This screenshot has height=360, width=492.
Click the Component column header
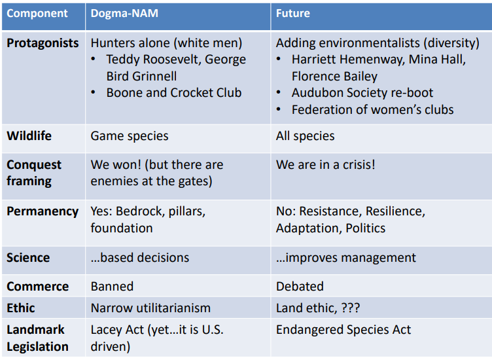tap(37, 14)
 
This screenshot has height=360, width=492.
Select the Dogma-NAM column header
tap(124, 14)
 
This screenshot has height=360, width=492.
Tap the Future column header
tap(292, 14)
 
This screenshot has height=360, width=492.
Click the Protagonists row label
tap(43, 43)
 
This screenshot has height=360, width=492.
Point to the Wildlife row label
tap(29, 136)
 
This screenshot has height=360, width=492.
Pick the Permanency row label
tap(43, 211)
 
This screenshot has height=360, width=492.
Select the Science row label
tap(28, 258)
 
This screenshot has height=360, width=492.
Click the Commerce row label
tap(38, 287)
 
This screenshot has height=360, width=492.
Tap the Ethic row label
tap(21, 308)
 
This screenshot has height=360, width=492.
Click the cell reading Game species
tap(130, 136)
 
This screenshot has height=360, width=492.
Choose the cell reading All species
tap(306, 136)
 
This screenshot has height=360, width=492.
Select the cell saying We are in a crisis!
tap(326, 165)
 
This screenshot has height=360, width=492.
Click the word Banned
tap(112, 287)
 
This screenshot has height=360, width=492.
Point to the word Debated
tap(300, 287)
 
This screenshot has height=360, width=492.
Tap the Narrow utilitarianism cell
tap(150, 308)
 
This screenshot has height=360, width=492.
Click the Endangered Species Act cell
tap(343, 330)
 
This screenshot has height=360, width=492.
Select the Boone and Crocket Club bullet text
tap(174, 93)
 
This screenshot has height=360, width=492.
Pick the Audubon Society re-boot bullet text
tap(362, 93)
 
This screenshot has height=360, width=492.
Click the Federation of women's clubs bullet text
tap(373, 110)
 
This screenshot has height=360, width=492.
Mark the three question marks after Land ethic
tap(351, 308)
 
